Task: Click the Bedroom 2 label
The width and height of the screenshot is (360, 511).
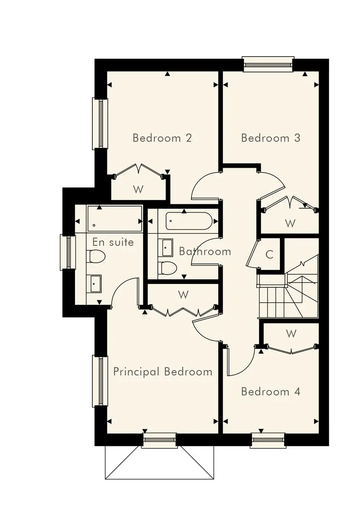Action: pyautogui.click(x=162, y=138)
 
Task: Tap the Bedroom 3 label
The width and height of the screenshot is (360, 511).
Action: pyautogui.click(x=271, y=138)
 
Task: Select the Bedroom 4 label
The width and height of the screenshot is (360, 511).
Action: pyautogui.click(x=271, y=392)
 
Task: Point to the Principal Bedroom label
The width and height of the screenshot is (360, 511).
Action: pyautogui.click(x=163, y=372)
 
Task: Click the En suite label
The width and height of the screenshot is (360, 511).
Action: pyautogui.click(x=113, y=242)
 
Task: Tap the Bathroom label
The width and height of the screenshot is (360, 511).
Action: pyautogui.click(x=205, y=251)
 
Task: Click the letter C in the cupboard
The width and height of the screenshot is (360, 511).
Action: pyautogui.click(x=269, y=254)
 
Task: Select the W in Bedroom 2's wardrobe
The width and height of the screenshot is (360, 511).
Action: pyautogui.click(x=138, y=189)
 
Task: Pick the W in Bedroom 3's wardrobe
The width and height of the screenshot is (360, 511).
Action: pyautogui.click(x=290, y=223)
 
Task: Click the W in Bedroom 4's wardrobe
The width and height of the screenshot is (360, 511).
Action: pyautogui.click(x=291, y=334)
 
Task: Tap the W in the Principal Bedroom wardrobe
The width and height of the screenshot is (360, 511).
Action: pyautogui.click(x=183, y=295)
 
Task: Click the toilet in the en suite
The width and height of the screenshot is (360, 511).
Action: pyautogui.click(x=96, y=256)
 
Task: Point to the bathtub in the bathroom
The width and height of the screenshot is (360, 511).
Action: pyautogui.click(x=189, y=221)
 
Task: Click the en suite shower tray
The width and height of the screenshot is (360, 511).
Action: pyautogui.click(x=114, y=218)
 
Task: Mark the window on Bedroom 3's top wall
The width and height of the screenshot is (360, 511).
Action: pyautogui.click(x=268, y=65)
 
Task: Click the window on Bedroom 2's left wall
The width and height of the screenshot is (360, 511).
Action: pyautogui.click(x=100, y=123)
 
